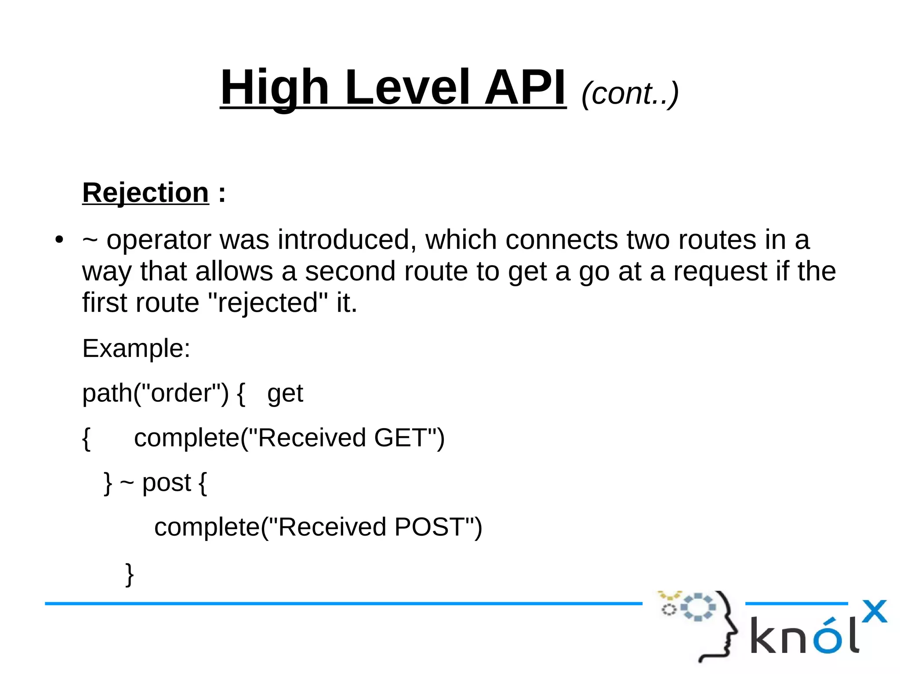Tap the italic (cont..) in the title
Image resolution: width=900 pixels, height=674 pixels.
(630, 94)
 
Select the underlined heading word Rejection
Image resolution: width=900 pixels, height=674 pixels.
(145, 193)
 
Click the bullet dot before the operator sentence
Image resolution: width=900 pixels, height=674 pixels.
(59, 240)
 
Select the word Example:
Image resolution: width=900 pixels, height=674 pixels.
(136, 349)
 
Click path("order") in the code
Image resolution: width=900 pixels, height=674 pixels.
(156, 393)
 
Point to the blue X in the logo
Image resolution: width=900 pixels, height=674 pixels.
(874, 611)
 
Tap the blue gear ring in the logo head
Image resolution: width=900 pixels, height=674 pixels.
(698, 607)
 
